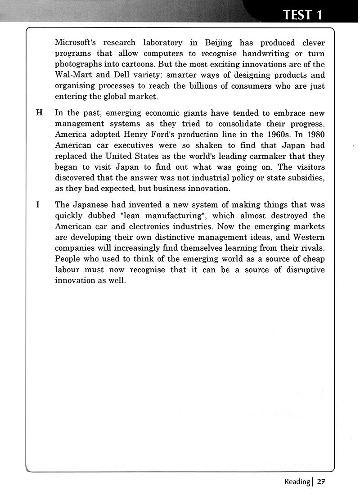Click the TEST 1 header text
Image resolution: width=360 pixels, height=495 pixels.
(303, 14)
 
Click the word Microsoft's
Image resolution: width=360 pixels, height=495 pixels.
(76, 43)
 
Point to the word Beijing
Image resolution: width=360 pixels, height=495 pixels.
(218, 43)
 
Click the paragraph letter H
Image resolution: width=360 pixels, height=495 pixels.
(39, 113)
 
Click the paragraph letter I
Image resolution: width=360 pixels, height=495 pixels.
(38, 205)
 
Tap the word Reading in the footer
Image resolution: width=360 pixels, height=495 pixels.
(297, 481)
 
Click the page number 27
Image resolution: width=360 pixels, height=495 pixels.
(320, 481)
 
